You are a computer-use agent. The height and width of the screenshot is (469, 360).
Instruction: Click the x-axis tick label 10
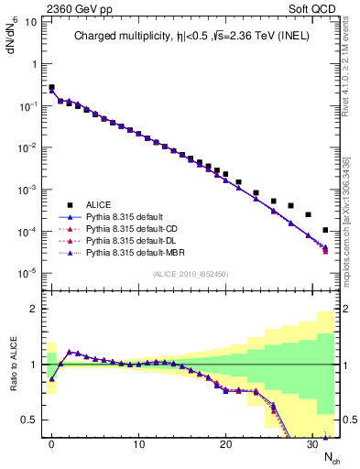(x=138, y=444)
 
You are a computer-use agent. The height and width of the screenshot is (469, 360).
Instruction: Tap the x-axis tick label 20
(x=225, y=444)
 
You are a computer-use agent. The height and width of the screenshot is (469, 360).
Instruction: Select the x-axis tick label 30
(x=312, y=444)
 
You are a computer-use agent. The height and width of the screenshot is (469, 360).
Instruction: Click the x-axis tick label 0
(x=51, y=444)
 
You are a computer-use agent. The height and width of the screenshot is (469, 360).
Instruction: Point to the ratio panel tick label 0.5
(x=30, y=420)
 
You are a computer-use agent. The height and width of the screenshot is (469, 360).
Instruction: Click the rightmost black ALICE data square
(x=326, y=230)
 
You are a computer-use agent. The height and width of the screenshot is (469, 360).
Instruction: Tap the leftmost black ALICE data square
(x=51, y=88)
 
